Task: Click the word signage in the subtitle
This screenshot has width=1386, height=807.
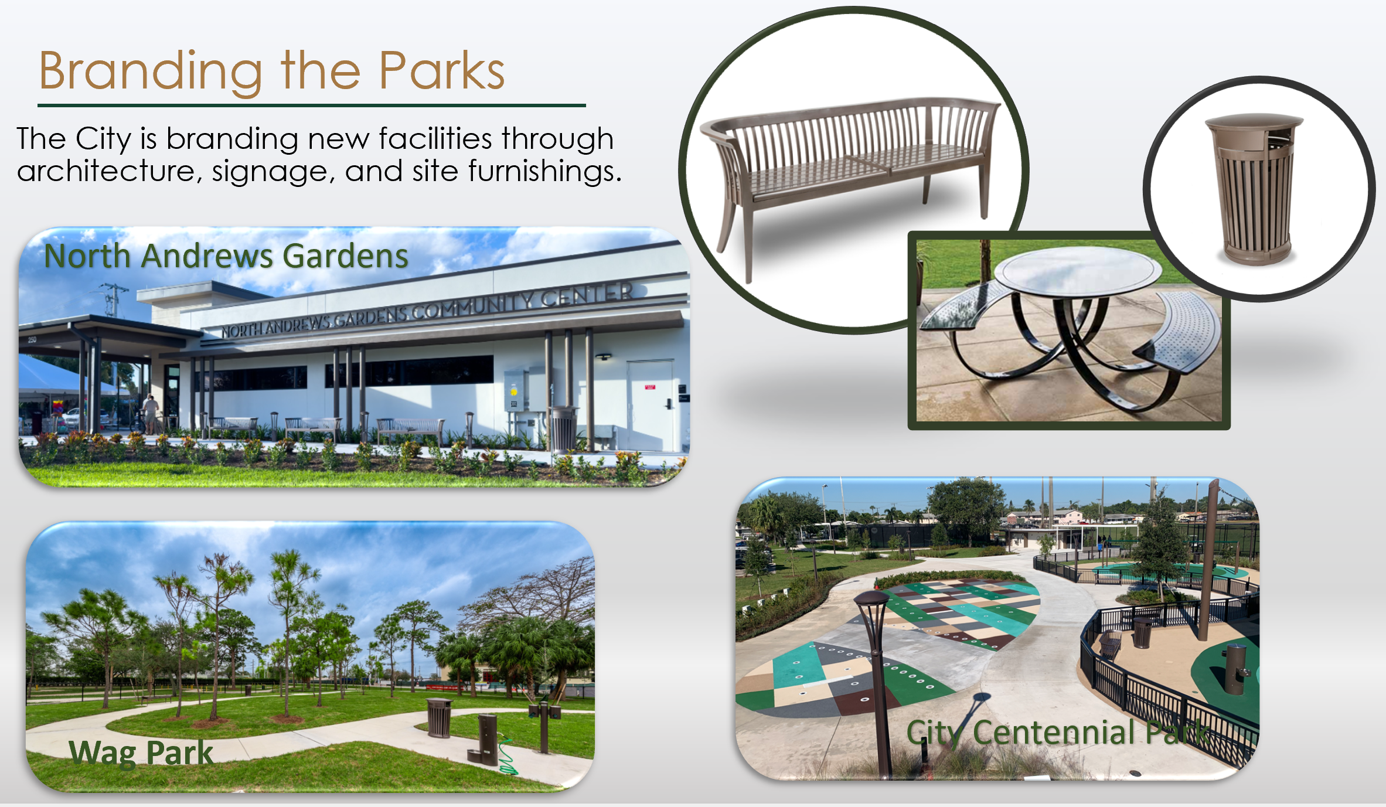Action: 273,172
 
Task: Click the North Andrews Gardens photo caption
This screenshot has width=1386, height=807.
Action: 226,256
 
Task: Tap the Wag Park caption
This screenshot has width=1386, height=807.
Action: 141,752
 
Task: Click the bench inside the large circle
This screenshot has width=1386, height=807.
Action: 850,170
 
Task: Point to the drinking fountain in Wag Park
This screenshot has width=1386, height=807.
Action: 486,738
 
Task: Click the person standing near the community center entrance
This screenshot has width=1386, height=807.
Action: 151,413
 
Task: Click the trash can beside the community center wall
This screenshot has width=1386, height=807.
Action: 564,428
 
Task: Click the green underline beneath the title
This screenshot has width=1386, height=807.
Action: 311,105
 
